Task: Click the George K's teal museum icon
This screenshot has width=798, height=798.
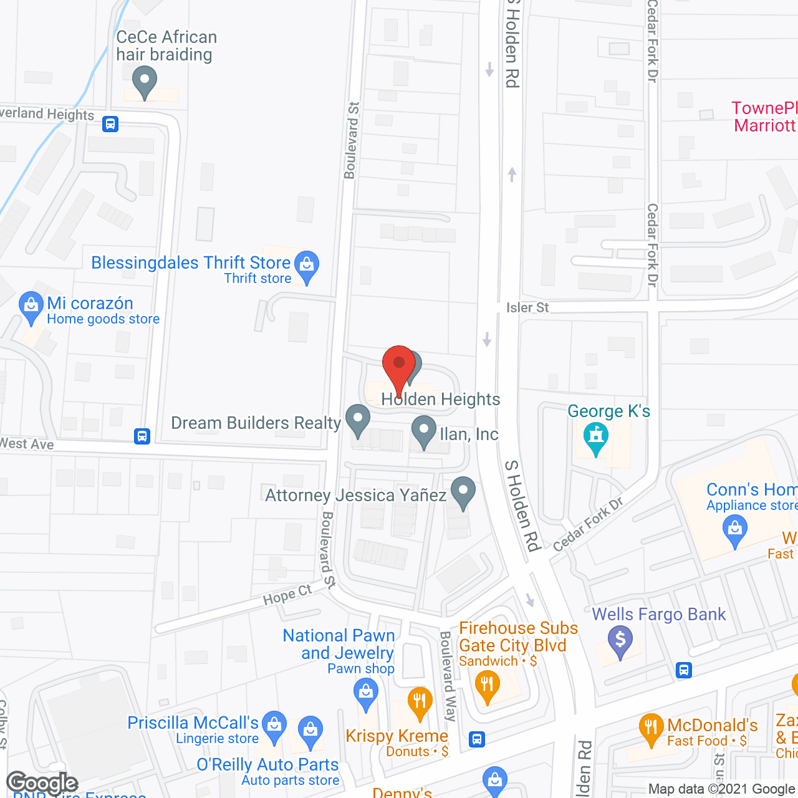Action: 596,437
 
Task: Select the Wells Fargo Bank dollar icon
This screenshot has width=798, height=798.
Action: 620,640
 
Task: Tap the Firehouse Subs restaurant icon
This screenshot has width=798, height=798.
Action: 488,685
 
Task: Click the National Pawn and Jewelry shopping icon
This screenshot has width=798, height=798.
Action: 366,693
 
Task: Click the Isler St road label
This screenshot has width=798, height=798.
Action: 527,307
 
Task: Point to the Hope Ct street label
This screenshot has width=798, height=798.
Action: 287,595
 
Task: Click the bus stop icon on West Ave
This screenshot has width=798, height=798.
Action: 142,436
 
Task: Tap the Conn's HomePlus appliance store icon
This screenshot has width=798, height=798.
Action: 735,531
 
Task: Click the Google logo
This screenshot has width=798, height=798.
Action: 42,783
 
